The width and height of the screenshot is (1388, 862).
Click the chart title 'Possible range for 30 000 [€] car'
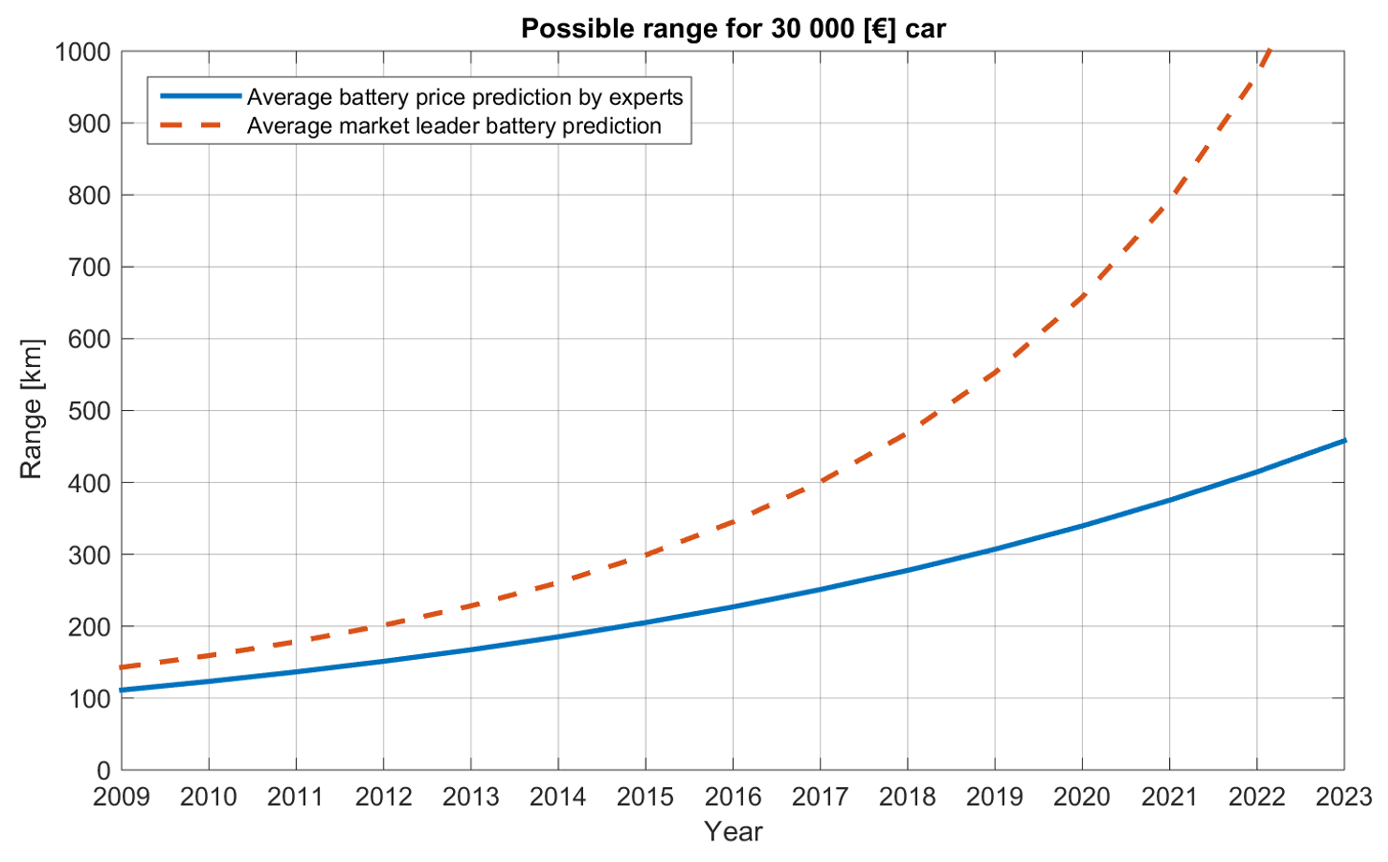[x=733, y=29]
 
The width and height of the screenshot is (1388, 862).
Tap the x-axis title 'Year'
[x=733, y=831]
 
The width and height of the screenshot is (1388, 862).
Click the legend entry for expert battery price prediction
[x=464, y=97]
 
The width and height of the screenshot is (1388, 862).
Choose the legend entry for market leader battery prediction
[x=454, y=126]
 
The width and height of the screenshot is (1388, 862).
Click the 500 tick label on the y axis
[x=89, y=411]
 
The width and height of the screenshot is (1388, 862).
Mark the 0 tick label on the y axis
[x=103, y=770]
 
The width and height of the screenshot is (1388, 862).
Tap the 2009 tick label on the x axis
[x=122, y=796]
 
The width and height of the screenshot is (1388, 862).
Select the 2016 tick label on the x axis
[x=733, y=796]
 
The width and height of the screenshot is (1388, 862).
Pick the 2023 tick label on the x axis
[x=1344, y=796]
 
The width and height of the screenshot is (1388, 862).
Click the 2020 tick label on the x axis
[x=1082, y=796]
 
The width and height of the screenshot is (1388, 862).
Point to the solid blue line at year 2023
[x=1344, y=440]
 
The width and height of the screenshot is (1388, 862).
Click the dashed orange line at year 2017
[x=820, y=482]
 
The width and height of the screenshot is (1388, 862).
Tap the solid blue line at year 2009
[x=123, y=691]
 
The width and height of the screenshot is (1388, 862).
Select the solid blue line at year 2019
[x=995, y=548]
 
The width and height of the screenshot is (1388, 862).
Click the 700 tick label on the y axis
[x=89, y=267]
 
